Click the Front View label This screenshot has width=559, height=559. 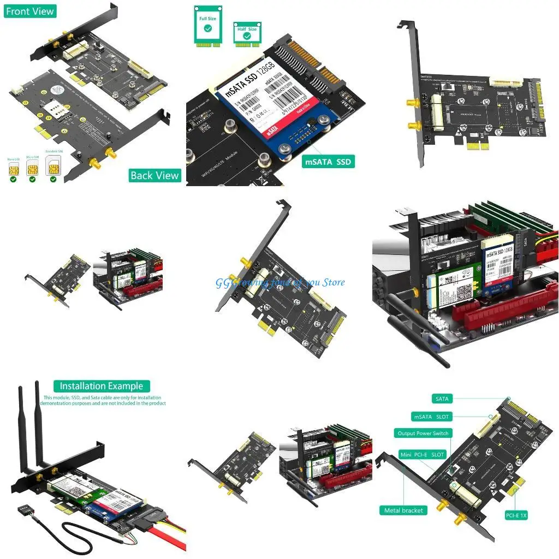click(x=30, y=11)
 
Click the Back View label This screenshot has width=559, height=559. click(x=155, y=175)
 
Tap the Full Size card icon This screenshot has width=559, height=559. click(x=207, y=26)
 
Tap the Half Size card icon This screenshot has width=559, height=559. click(x=247, y=33)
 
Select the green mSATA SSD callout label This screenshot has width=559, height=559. click(x=329, y=162)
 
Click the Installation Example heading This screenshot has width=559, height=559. click(x=102, y=386)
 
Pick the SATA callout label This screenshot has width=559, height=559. click(x=442, y=399)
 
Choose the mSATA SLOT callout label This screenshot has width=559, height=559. click(x=431, y=417)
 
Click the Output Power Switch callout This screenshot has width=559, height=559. click(x=423, y=433)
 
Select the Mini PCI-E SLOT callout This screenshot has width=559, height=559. click(x=422, y=454)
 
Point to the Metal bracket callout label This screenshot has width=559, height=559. click(x=403, y=510)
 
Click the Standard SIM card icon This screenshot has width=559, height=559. click(x=53, y=165)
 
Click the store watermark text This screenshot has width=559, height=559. click(x=280, y=282)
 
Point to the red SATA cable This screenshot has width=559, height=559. click(x=175, y=540)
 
